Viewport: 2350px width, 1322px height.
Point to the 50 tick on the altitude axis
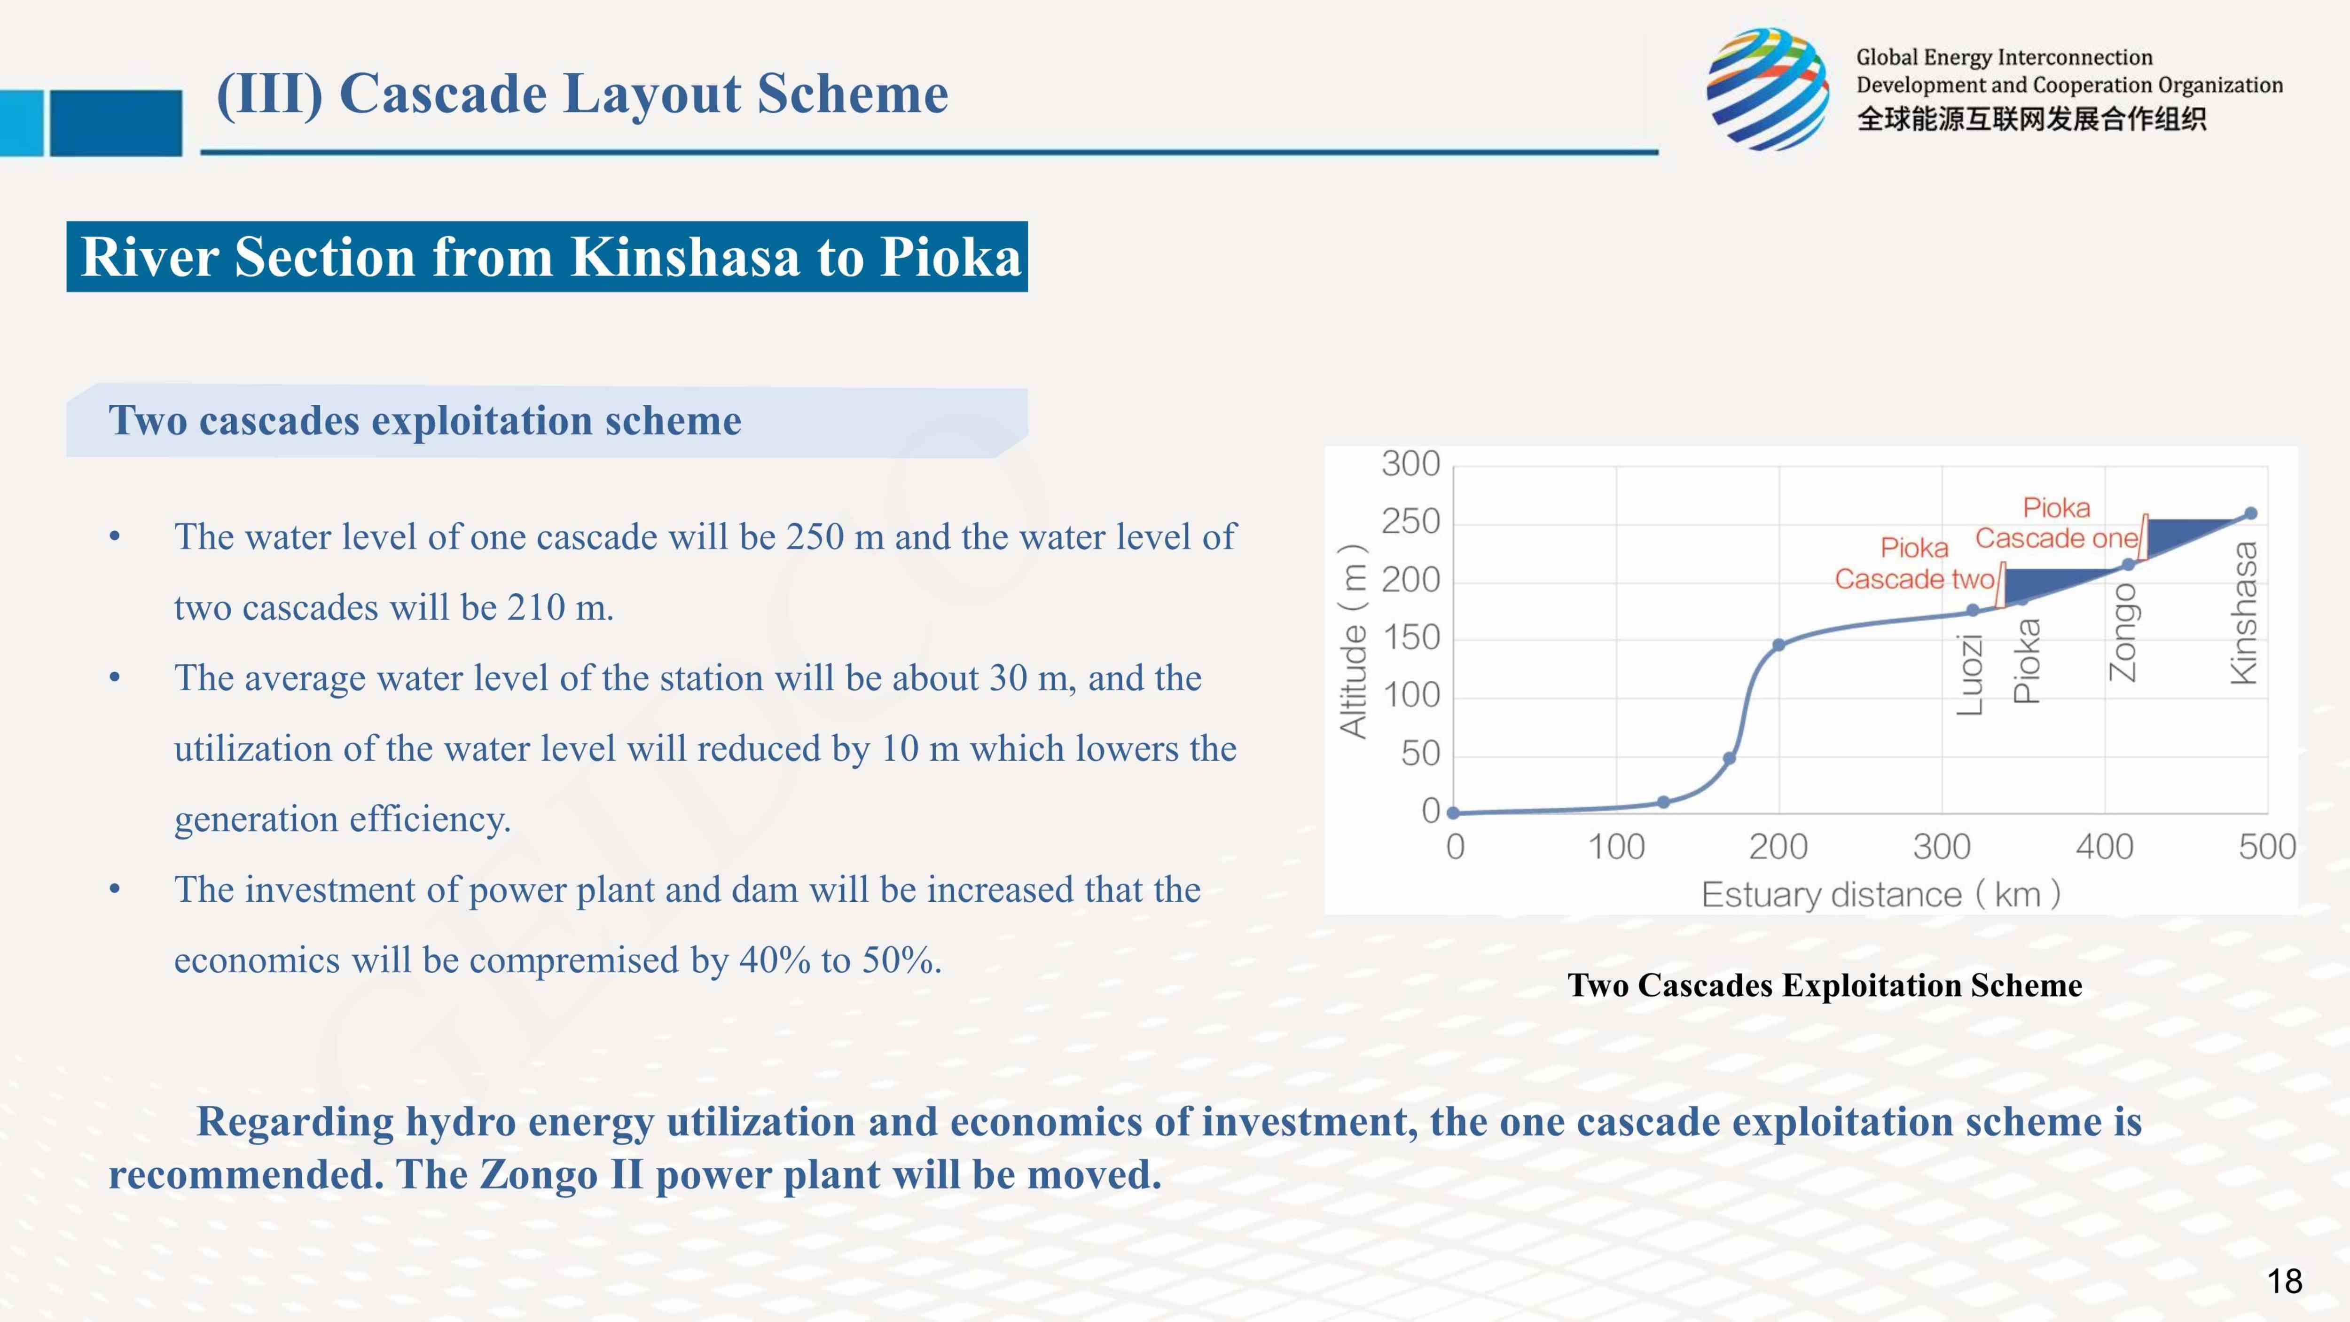1420,754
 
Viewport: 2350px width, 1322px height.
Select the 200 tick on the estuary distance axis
1778,847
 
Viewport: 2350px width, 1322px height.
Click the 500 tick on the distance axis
2267,847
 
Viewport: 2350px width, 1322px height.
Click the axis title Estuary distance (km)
1880,894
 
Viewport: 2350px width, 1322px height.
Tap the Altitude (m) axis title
1353,640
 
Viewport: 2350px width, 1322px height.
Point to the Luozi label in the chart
1971,675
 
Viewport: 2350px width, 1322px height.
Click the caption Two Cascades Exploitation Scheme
1825,985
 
